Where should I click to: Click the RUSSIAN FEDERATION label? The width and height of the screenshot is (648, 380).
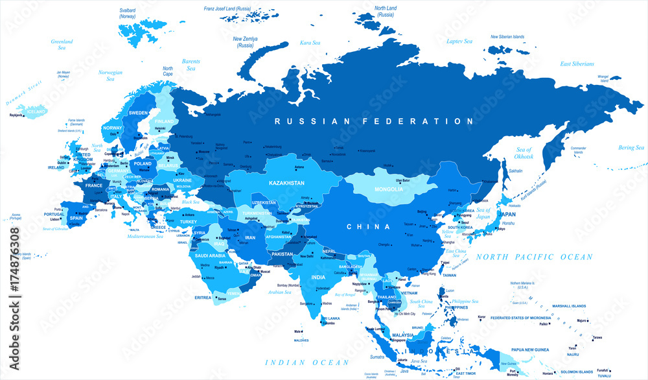(x=373, y=121)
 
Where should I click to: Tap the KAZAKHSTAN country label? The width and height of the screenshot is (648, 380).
(x=287, y=184)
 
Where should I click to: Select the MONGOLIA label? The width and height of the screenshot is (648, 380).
(x=389, y=189)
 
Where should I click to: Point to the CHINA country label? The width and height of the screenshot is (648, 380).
(x=368, y=227)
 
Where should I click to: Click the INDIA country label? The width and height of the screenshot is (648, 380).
(x=318, y=277)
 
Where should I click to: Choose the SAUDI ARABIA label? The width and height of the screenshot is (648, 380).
(x=211, y=255)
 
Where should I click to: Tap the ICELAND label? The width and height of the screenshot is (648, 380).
(x=36, y=112)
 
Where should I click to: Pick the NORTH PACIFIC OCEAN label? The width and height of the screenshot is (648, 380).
(x=535, y=257)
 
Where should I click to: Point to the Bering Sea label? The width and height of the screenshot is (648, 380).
(x=631, y=148)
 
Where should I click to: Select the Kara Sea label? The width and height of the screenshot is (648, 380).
(x=310, y=43)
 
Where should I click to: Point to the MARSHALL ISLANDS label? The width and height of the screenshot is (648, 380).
(x=569, y=305)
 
